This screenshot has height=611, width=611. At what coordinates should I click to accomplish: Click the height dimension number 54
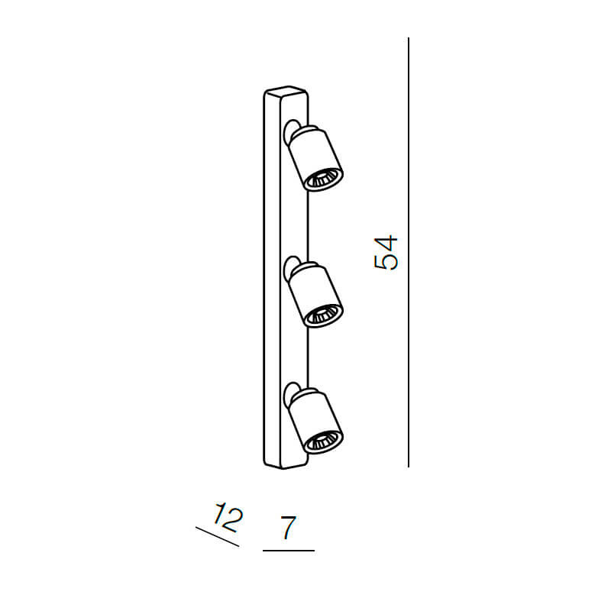[386, 252]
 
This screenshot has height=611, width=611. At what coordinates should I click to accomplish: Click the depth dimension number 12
[227, 517]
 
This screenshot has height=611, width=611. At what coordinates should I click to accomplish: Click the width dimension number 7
[287, 528]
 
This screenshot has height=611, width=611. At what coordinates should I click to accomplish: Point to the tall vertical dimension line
[409, 252]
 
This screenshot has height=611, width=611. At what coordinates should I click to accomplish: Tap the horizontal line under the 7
[288, 550]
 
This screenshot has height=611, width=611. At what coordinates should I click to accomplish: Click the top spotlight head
[313, 157]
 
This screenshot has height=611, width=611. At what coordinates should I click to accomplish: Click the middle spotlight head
[313, 294]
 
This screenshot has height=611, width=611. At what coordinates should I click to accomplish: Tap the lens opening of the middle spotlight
[323, 315]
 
